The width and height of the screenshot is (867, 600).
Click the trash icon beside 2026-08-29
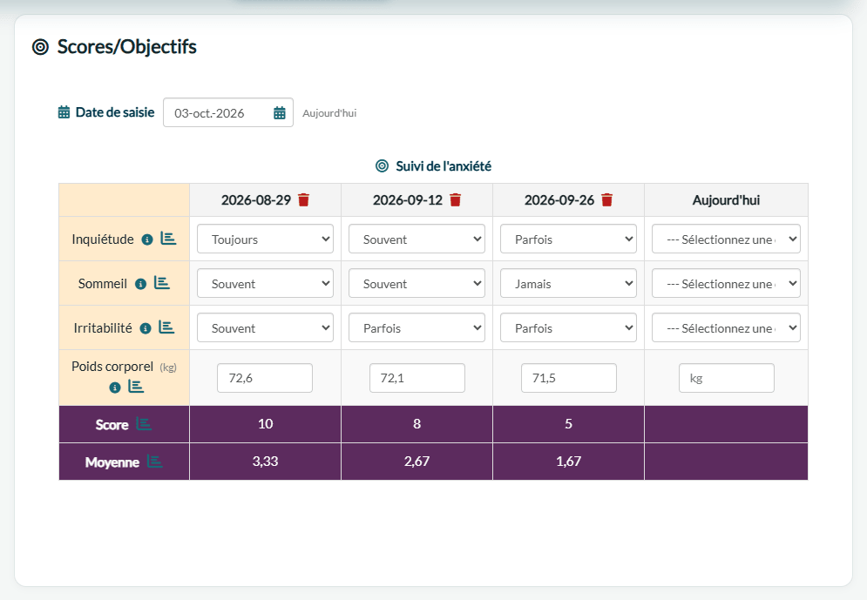[303, 199]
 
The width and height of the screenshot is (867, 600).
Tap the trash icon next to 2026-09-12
[455, 199]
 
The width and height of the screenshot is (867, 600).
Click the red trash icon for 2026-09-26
[606, 199]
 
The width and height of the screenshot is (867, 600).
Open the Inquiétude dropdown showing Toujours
[265, 239]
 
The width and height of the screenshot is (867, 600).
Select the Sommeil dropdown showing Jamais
[568, 283]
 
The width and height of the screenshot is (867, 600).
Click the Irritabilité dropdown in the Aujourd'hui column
[726, 327]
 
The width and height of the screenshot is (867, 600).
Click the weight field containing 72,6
[265, 378]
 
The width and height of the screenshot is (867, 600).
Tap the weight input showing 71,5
[568, 378]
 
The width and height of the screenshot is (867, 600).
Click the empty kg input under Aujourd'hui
[726, 378]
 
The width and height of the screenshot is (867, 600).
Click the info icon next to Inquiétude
[147, 239]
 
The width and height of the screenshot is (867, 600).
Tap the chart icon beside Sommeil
[161, 283]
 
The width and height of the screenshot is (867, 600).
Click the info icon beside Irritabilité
[146, 328]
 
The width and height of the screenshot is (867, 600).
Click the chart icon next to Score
[144, 424]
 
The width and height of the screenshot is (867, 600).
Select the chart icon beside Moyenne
[155, 462]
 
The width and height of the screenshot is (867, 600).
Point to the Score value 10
[266, 424]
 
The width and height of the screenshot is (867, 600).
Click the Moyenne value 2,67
[417, 462]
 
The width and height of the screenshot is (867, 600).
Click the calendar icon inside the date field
[280, 112]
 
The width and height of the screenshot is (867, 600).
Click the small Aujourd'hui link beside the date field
[329, 113]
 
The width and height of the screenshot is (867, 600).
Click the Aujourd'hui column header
[726, 200]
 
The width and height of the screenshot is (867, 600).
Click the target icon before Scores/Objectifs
[40, 47]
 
